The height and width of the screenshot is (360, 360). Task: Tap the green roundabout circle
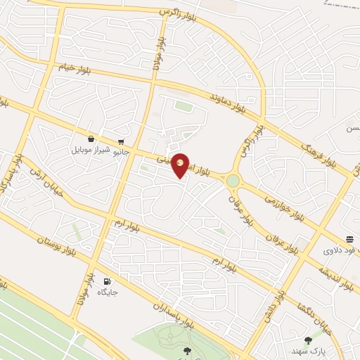point(233,181)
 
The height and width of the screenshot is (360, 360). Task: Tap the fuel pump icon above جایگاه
point(107,280)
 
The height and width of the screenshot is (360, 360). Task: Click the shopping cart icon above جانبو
point(122,140)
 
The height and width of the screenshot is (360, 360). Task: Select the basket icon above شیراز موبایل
point(91,139)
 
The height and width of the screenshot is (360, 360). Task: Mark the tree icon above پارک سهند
point(307,340)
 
